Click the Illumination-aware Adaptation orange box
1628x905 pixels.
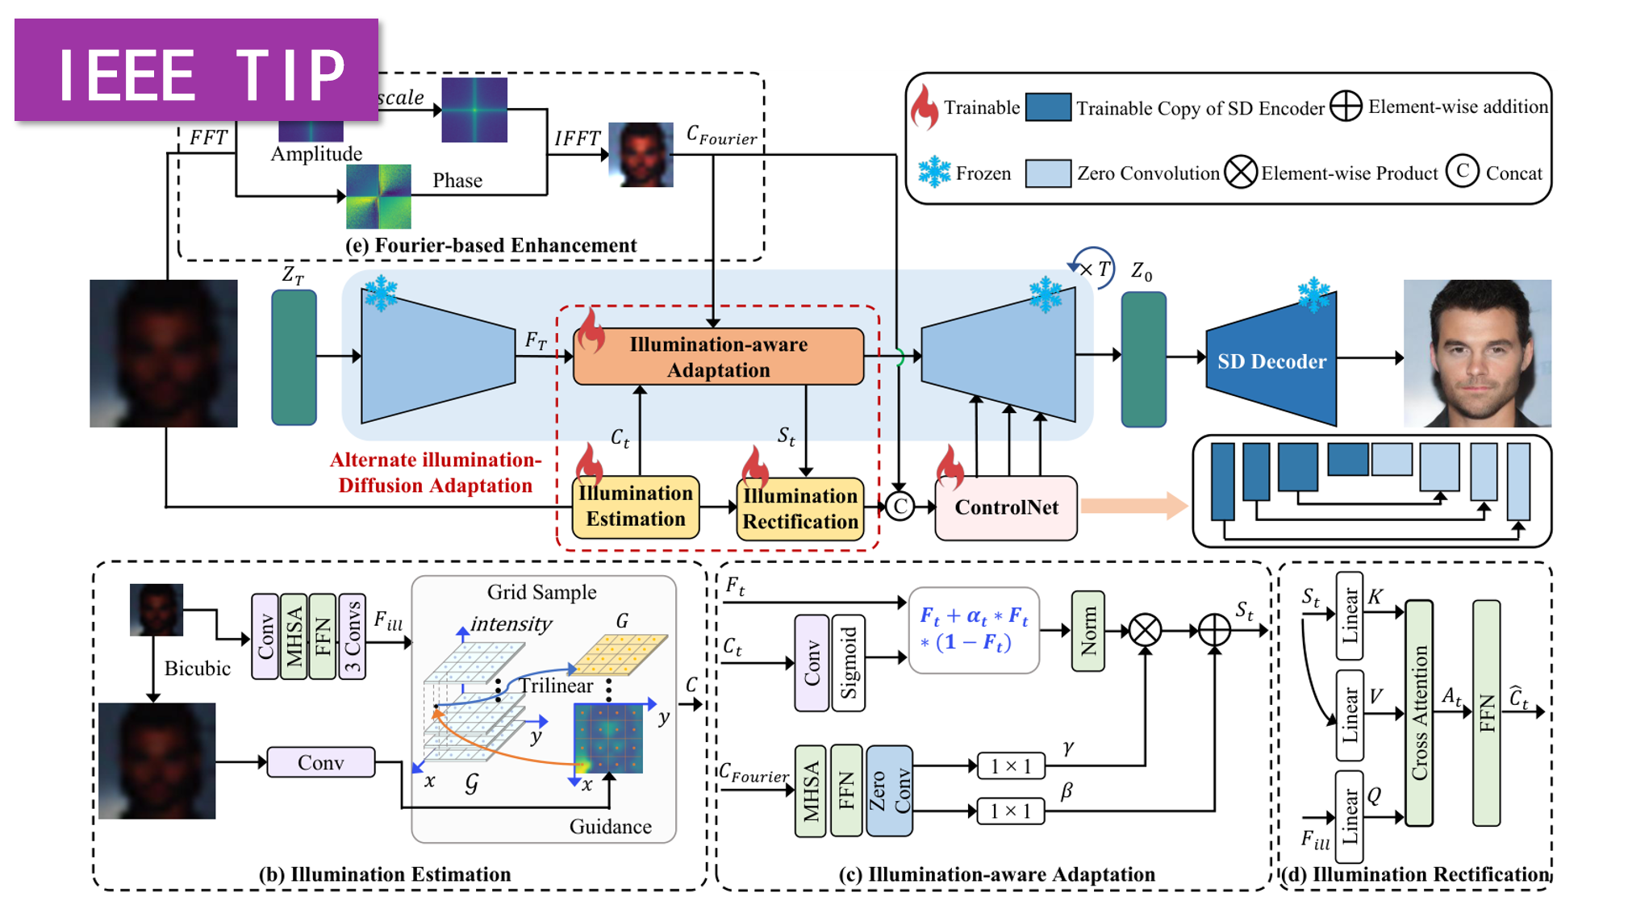pos(718,357)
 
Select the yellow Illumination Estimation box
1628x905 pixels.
pos(636,507)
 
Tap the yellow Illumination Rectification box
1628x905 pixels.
pos(800,509)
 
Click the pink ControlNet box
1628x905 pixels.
pos(1006,507)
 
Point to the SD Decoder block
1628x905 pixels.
pos(1271,361)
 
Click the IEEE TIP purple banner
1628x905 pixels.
pos(197,73)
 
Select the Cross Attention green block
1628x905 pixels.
pos(1419,713)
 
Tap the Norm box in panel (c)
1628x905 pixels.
pos(1088,631)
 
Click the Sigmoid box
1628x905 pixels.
pos(849,663)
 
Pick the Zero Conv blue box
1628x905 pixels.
pos(889,790)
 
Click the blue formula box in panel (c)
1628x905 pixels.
pos(974,630)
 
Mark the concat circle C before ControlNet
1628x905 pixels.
pos(900,507)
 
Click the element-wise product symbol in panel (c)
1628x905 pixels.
pos(1145,631)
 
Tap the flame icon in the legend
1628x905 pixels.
pos(925,107)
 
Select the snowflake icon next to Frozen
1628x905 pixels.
pos(934,173)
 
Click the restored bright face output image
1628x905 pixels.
pos(1477,353)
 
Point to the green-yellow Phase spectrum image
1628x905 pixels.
pos(378,196)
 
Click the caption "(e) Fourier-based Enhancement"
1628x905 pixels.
pos(490,245)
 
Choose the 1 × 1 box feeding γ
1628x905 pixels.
pos(1010,765)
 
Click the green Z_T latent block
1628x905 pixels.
pos(294,357)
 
